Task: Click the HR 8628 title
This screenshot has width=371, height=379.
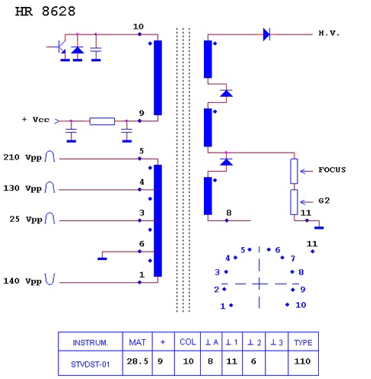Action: point(45,12)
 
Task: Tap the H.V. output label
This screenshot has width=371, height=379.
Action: point(329,33)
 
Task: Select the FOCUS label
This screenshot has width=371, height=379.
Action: point(332,170)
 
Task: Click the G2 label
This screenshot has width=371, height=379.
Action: point(324,201)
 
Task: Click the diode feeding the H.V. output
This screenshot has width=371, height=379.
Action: point(266,35)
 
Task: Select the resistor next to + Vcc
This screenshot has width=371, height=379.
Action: point(102,121)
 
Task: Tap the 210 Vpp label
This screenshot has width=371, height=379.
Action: point(22,157)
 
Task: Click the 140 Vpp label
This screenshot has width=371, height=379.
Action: point(22,281)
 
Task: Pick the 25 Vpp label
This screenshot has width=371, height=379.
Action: point(25,219)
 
